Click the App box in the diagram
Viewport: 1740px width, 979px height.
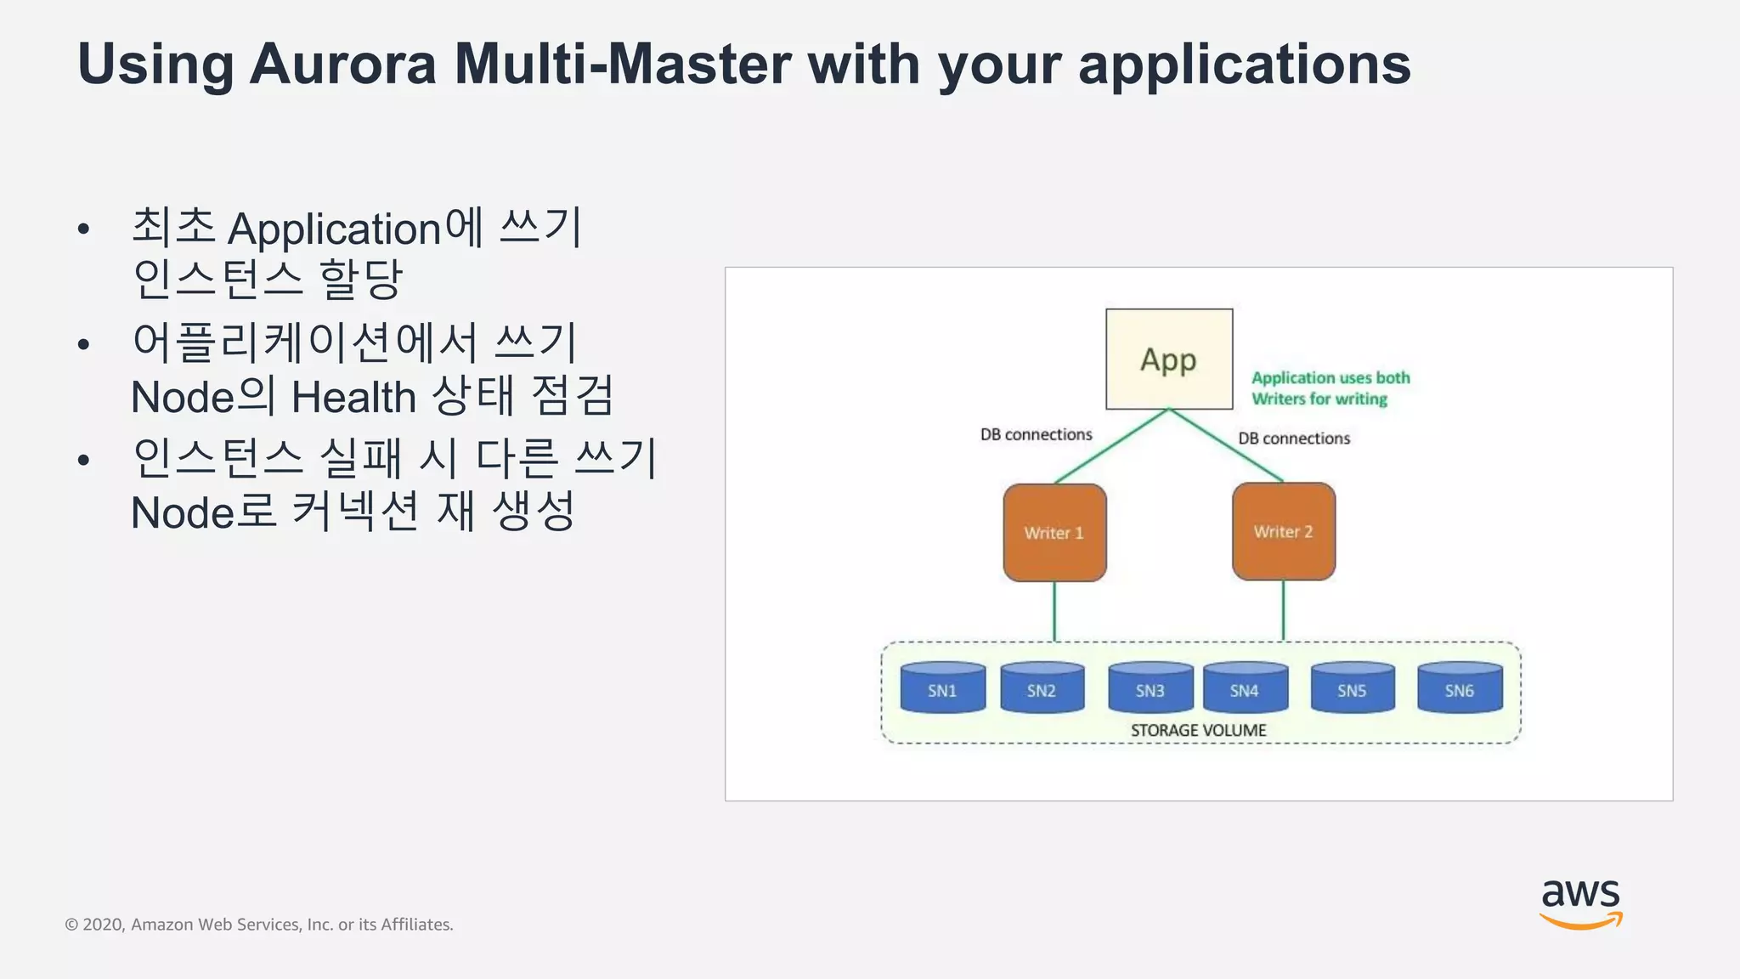pos(1168,359)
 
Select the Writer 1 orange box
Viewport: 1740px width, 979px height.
pos(1054,533)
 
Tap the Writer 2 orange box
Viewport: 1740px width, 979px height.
pos(1283,532)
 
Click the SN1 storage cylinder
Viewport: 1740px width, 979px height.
pos(942,688)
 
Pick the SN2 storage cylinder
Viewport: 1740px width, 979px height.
pos(1042,688)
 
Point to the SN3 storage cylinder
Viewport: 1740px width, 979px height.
pos(1150,688)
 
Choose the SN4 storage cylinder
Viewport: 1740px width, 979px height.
pos(1245,688)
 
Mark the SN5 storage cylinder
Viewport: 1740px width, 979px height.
pos(1352,688)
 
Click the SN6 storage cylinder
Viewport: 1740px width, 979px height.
pos(1460,688)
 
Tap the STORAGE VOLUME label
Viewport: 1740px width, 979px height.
pos(1198,730)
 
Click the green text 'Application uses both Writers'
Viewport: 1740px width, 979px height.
pos(1330,388)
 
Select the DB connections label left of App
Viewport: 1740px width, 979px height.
pos(1036,434)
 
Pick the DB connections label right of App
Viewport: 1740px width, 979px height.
pos(1293,439)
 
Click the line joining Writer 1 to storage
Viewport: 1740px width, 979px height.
pos(1054,612)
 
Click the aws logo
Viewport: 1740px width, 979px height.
pos(1580,903)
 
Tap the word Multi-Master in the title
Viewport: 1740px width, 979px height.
pos(623,65)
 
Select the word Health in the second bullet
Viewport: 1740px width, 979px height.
pos(353,397)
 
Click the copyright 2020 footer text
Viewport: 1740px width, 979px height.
pos(259,925)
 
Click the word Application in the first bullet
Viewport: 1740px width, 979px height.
pos(335,229)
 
